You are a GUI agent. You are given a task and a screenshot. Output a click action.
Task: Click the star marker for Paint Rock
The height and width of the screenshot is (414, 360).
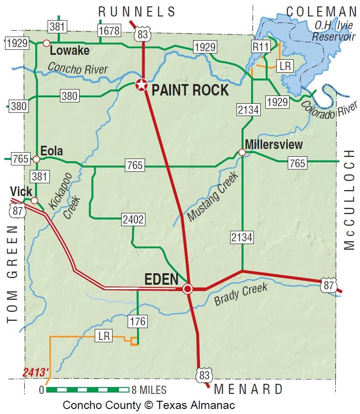tap(141, 85)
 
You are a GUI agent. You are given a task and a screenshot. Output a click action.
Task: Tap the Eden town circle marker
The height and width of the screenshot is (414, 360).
tap(188, 289)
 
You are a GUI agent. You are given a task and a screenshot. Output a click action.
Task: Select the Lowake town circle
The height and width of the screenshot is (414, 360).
tap(46, 43)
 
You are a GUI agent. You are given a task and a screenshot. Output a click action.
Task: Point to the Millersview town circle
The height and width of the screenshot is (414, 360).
tap(242, 152)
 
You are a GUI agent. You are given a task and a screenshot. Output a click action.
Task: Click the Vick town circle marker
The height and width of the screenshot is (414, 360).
tap(34, 200)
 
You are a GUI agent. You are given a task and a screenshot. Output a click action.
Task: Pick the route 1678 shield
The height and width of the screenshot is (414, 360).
tap(109, 31)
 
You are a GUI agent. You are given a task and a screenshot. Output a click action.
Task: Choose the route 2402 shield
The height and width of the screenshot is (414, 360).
tap(133, 220)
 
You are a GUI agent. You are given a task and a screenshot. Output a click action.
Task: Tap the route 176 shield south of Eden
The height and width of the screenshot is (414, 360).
tap(137, 321)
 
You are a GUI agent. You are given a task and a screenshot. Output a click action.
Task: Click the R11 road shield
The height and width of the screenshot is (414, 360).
tap(260, 46)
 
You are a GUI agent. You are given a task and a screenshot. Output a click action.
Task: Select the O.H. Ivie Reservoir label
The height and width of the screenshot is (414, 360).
tap(333, 30)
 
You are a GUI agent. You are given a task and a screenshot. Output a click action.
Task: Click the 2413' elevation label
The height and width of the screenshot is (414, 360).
tap(35, 373)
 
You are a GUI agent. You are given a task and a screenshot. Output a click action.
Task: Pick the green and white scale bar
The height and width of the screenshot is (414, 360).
tap(87, 390)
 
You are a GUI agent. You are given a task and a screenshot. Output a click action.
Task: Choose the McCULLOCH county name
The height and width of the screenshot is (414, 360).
tap(349, 200)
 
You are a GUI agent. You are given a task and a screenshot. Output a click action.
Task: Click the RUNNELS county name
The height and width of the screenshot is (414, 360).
tap(137, 11)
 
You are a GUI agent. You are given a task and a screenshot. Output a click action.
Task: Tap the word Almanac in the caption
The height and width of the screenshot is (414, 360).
tap(212, 405)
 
